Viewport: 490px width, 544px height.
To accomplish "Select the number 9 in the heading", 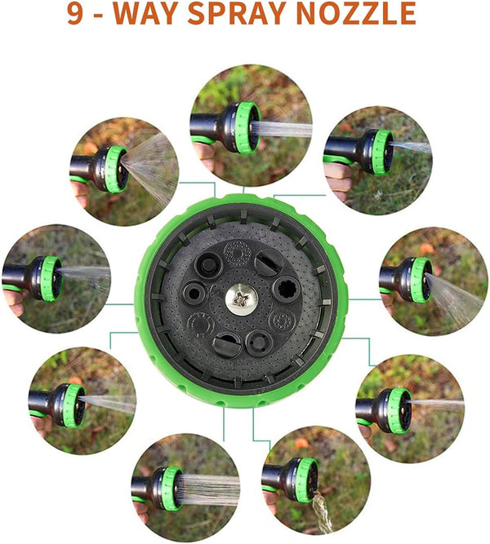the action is [74, 14].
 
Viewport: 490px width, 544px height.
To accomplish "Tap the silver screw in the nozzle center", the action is [242, 298].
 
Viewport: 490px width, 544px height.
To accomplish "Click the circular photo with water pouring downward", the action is [316, 480].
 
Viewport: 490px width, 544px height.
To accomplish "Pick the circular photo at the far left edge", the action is [56, 279].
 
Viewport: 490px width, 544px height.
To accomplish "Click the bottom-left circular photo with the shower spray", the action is [185, 487].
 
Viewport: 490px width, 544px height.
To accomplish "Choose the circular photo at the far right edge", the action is [433, 281].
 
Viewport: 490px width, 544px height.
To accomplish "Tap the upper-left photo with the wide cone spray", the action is [124, 171].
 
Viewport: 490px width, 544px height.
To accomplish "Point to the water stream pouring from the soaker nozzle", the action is [321, 512].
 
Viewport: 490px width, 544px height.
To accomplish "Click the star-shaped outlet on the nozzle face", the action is [287, 288].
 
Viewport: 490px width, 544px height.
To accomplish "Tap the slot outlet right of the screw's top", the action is [269, 262].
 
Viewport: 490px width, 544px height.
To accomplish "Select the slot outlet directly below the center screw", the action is [226, 344].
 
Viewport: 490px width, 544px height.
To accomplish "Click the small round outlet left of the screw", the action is [194, 294].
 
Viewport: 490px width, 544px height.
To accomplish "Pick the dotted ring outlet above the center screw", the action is [237, 253].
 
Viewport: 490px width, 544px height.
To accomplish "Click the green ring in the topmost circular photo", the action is [247, 127].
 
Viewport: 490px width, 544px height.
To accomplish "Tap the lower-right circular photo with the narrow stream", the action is [410, 409].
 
